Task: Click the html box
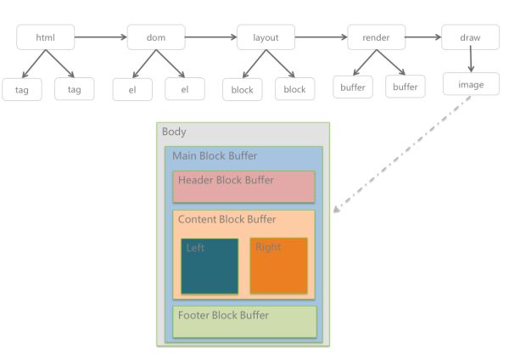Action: tap(46, 37)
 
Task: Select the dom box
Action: tap(156, 37)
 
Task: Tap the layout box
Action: tap(266, 37)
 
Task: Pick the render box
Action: tap(376, 37)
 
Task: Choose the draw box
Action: tap(470, 37)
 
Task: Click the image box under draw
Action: tap(471, 84)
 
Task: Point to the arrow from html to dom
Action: tap(101, 37)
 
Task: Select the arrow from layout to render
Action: tap(321, 37)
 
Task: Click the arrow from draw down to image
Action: tap(471, 59)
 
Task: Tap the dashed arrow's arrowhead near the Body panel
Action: tap(337, 209)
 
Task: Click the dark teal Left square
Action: tap(210, 266)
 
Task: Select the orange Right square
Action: tap(279, 266)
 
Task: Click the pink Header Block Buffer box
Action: tap(243, 187)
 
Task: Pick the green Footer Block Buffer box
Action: tap(245, 322)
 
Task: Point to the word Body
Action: tap(174, 132)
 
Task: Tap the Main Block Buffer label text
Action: tap(215, 155)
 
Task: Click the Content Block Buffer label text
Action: tap(227, 219)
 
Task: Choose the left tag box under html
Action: tap(22, 89)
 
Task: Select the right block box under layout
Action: tap(294, 88)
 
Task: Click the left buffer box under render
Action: tap(353, 87)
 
